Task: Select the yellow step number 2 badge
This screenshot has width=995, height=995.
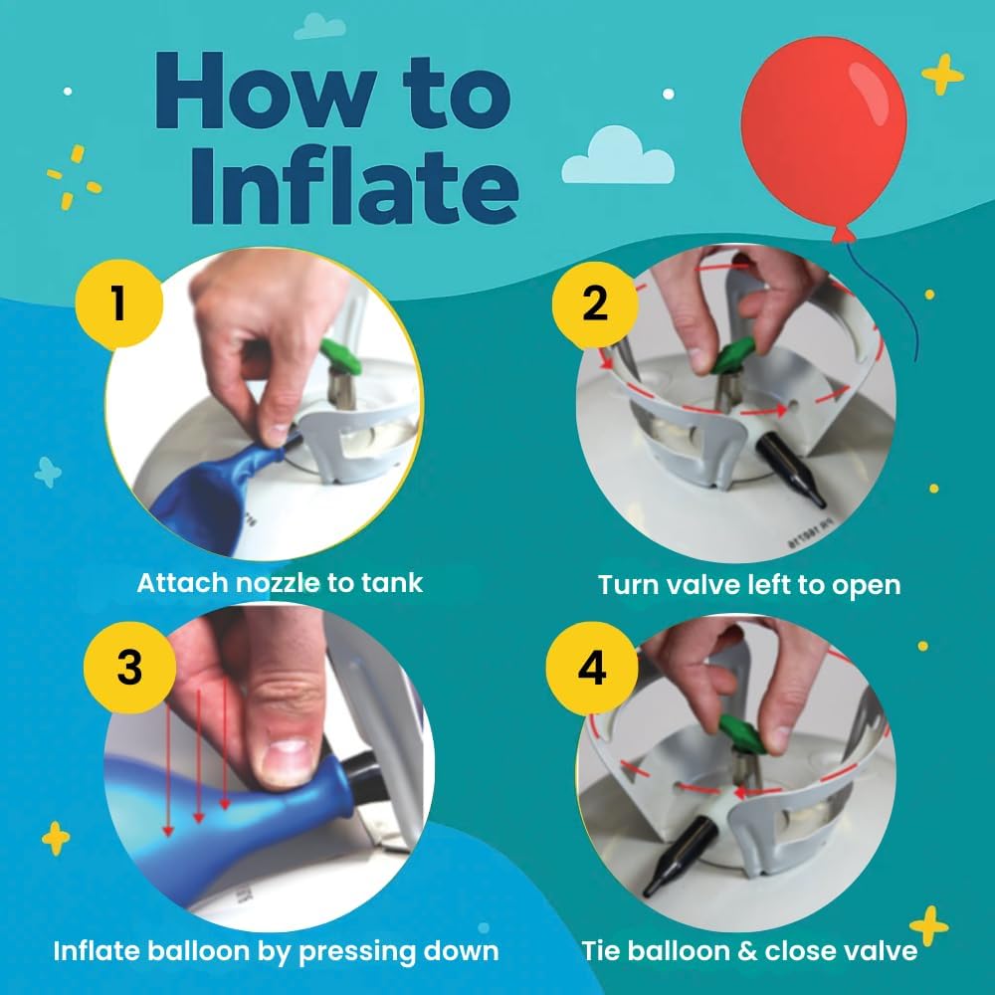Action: coord(594,302)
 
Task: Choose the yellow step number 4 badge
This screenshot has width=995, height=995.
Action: coord(592,669)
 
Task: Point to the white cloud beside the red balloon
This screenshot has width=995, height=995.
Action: coord(617,160)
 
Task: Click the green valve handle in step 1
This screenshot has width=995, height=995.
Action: coord(337,354)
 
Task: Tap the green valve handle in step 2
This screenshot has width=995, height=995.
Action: coord(735,353)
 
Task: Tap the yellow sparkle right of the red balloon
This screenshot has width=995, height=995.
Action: coord(942,75)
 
